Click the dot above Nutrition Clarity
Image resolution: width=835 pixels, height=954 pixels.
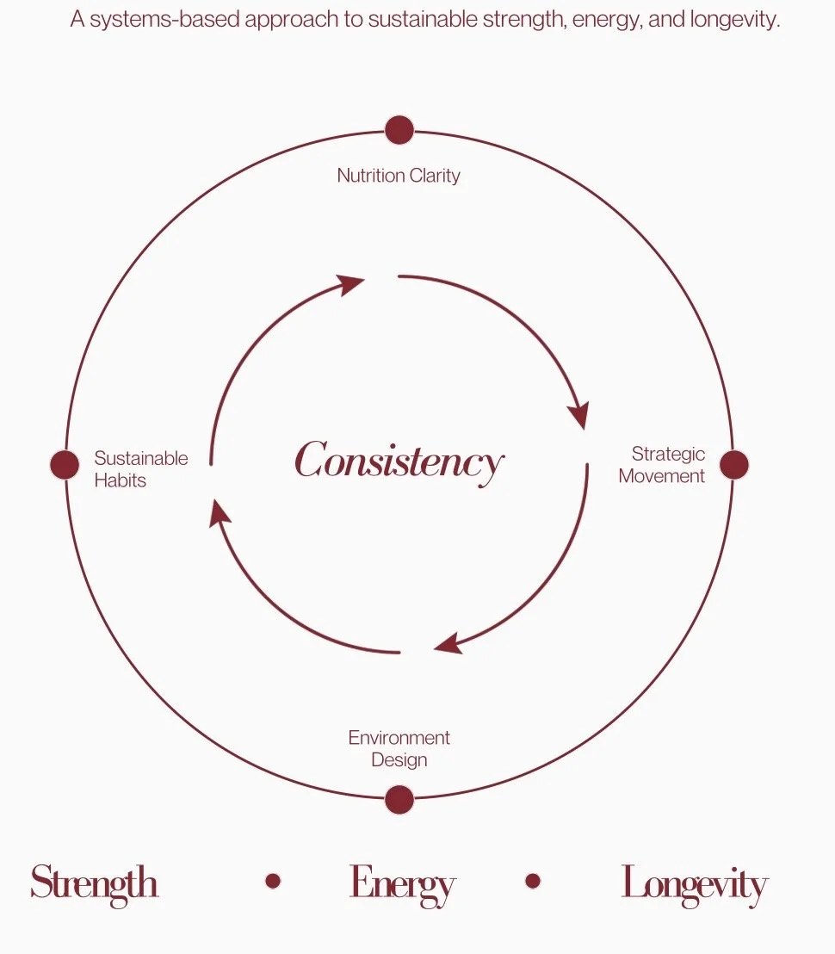point(399,130)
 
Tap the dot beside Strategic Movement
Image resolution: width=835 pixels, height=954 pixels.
point(733,464)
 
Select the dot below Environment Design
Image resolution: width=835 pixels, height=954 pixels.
point(399,799)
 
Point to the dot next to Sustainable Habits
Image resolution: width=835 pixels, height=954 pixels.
point(65,464)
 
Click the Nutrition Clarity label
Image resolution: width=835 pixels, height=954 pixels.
point(399,176)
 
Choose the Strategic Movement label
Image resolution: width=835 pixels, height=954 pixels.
point(662,464)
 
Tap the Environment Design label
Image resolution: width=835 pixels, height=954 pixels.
point(399,749)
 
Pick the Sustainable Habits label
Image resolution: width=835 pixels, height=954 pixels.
point(140,468)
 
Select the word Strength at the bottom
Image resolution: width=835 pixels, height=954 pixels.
point(95,883)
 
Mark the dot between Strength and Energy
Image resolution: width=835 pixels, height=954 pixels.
point(273,881)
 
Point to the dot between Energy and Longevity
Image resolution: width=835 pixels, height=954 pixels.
point(532,881)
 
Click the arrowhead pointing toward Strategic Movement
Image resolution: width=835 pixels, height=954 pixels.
point(579,414)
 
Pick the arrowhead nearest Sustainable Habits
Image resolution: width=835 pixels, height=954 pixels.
point(220,515)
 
